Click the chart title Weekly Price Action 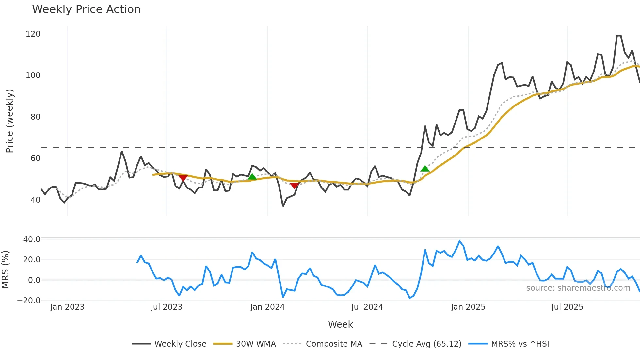86,9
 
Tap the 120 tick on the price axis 33,34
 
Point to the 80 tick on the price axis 35,117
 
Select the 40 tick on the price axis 35,200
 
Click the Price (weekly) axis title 10,121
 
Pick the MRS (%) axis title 5,270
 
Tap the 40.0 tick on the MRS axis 32,239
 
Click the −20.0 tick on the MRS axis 29,301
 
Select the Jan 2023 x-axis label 67,307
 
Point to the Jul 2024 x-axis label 367,307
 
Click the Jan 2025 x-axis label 468,307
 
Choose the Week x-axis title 340,324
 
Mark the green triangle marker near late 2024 425,169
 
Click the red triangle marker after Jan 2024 294,186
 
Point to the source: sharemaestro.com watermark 578,288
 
